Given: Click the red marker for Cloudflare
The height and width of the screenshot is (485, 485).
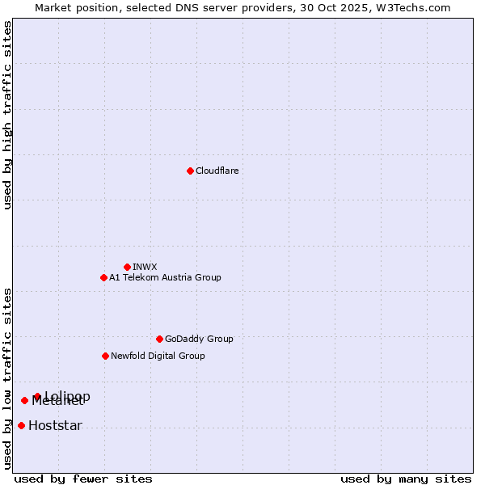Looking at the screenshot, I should pos(190,171).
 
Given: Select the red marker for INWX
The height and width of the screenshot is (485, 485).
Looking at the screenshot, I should pos(127,267).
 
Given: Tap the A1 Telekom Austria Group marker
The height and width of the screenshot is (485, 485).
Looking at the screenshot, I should pos(103,277).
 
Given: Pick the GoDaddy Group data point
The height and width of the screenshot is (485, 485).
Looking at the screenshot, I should pos(159,339).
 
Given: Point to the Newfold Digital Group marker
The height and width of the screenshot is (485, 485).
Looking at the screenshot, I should pos(105,356).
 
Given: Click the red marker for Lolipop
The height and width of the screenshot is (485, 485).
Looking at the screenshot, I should pos(37,396).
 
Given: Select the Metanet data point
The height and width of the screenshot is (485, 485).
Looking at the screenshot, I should pos(24,400).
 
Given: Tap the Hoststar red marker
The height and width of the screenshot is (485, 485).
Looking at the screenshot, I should pos(21,425).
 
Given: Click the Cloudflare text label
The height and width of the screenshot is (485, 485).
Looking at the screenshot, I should pos(217,171).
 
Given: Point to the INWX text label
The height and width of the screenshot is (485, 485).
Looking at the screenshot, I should pos(145,267).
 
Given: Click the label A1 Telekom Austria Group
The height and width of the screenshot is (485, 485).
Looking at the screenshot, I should pos(165,277).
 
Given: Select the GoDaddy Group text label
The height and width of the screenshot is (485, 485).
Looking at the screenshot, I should pos(199,339).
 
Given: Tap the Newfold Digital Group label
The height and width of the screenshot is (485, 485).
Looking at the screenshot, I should pos(158,356).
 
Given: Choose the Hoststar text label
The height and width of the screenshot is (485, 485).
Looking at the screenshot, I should pos(55,425).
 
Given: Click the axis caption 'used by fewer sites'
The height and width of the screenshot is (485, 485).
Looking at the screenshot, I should pos(83,479).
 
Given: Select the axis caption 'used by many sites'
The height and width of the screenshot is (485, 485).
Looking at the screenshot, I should pos(406,479).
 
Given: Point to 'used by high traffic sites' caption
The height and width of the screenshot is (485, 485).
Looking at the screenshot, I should pos(7,116).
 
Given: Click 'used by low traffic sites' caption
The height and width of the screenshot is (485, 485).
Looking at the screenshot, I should pos(7,378).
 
